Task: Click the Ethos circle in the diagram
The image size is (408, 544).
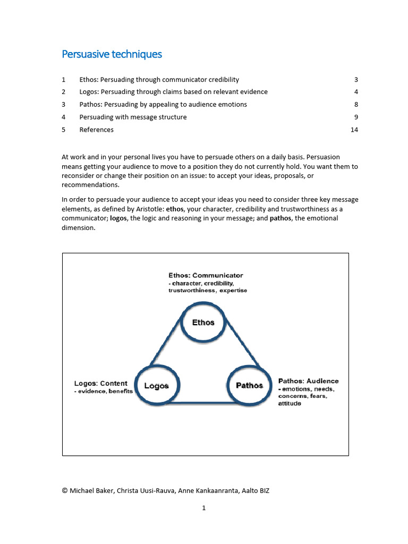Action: point(203,322)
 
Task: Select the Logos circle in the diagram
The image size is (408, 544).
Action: point(156,386)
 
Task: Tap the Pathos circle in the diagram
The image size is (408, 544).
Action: point(249,385)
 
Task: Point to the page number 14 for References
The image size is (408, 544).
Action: point(354,130)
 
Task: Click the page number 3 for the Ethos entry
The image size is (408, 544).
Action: point(356,80)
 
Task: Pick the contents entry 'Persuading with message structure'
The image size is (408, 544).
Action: point(133,117)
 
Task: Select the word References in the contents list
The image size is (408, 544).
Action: point(96,130)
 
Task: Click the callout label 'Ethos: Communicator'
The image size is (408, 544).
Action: point(206,275)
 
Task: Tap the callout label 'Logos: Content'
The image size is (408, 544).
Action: point(100,383)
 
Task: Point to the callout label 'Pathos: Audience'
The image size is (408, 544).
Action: point(308,381)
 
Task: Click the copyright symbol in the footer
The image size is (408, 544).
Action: point(65,491)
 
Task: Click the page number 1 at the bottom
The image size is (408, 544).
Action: point(203,508)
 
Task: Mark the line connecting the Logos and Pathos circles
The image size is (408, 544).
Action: point(203,403)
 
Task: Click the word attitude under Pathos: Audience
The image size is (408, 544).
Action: point(290,404)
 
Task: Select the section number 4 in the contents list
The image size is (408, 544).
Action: point(64,117)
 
